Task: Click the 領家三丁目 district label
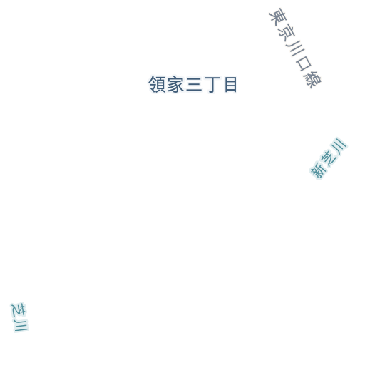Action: point(192,84)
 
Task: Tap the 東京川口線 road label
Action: point(295,48)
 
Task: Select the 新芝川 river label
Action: point(329,158)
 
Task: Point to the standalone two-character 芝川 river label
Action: point(19,317)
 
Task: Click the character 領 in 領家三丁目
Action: point(157,84)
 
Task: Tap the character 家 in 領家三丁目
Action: point(175,84)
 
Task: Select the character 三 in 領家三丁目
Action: point(194,84)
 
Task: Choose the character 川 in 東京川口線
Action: point(294,48)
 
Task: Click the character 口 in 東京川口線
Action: point(304,63)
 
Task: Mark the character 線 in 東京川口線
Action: point(312,79)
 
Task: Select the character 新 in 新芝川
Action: point(317,170)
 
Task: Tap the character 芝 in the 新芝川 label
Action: point(329,158)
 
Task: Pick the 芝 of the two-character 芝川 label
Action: point(19,310)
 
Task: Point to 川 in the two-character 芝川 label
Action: point(21,326)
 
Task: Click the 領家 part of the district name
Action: point(166,84)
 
